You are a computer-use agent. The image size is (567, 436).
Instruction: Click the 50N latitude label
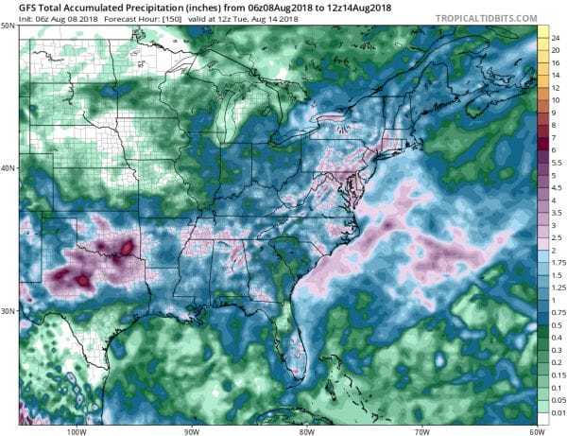tap(9, 25)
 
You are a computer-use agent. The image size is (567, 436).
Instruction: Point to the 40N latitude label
tap(9, 168)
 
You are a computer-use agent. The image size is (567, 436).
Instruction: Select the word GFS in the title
tap(15, 6)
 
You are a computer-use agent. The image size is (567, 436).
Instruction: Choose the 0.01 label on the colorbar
tap(558, 411)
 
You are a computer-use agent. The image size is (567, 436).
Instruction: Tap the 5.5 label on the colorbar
tap(558, 162)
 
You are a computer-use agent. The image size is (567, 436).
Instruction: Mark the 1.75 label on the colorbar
tap(558, 261)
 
